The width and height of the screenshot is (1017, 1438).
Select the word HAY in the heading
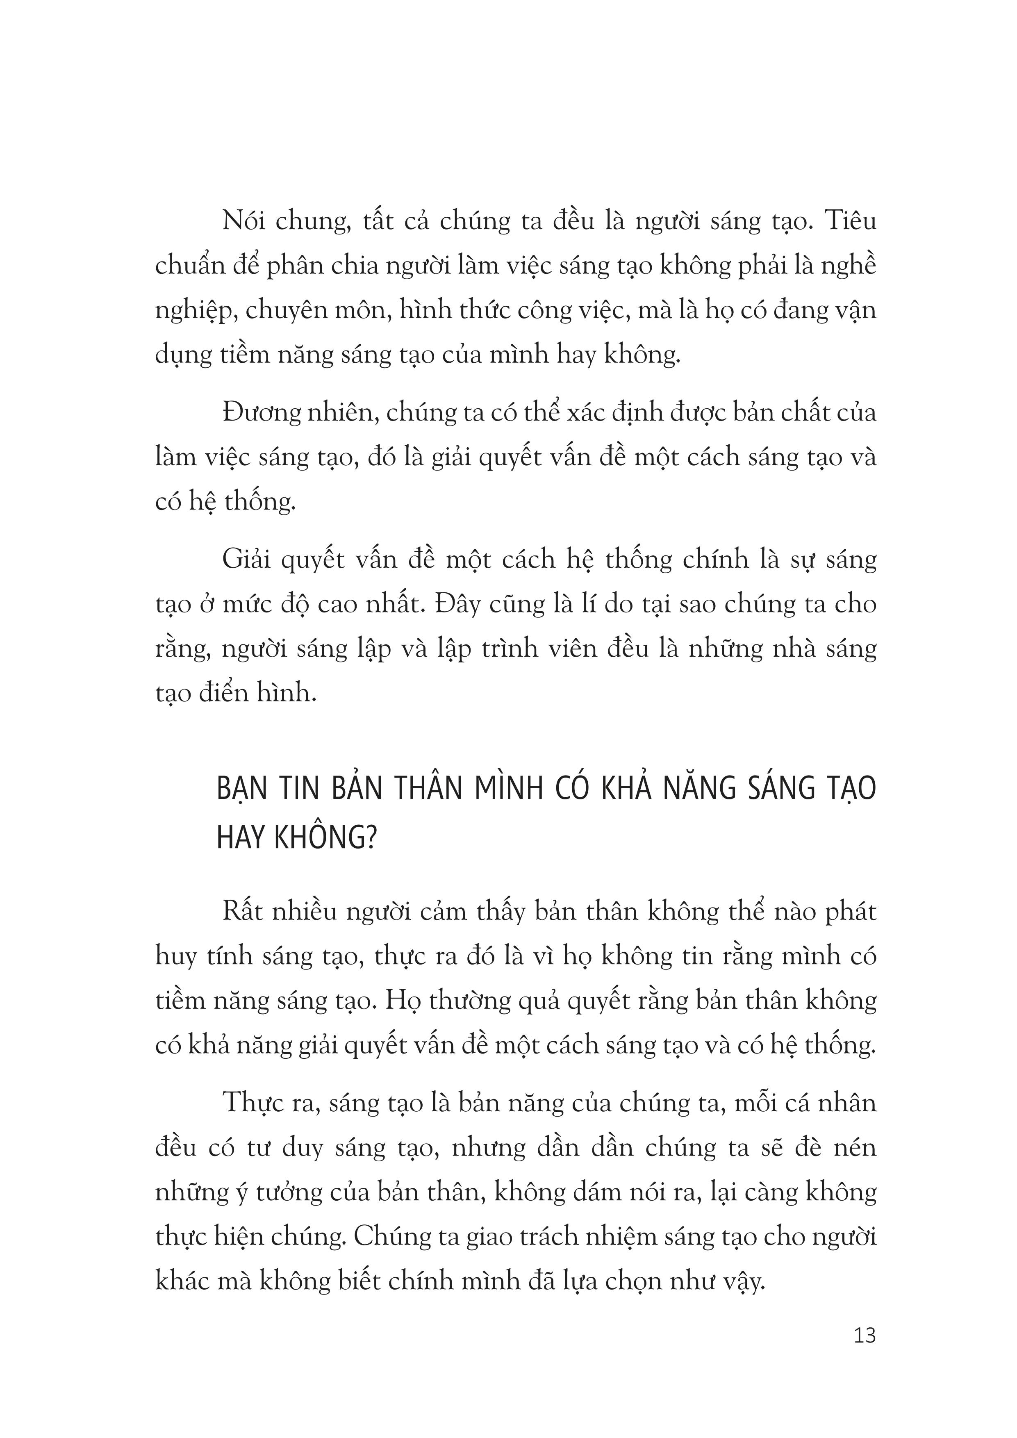click(x=242, y=838)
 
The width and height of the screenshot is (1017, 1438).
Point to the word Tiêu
click(x=851, y=222)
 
